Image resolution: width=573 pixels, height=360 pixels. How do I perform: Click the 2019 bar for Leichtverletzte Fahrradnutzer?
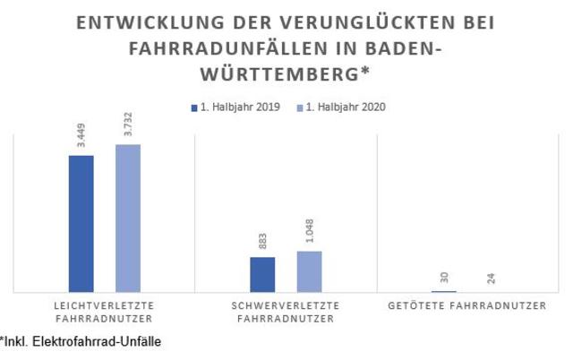point(81,223)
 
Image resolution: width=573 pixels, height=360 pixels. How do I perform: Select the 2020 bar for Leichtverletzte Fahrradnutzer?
point(128,218)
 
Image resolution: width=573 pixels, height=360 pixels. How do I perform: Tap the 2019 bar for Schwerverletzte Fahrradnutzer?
point(262,274)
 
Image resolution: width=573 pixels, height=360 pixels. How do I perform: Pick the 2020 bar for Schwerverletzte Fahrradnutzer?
point(309,270)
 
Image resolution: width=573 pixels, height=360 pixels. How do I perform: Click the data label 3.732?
point(128,127)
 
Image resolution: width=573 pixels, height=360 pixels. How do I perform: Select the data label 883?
point(263,244)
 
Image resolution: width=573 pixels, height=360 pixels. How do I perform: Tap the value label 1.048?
point(310,235)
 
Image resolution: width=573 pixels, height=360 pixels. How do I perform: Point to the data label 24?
point(492,279)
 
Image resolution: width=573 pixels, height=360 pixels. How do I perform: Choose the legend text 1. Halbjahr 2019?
point(239,107)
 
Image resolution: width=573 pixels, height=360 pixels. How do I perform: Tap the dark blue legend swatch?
point(194,107)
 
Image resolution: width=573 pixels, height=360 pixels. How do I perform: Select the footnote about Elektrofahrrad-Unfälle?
point(81,341)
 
